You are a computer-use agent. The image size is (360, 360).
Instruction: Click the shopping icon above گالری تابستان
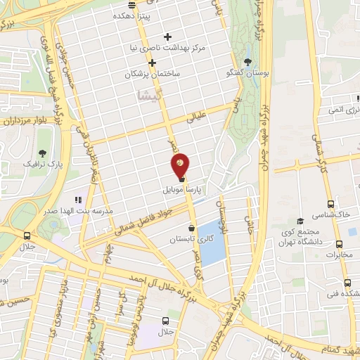tap(192, 228)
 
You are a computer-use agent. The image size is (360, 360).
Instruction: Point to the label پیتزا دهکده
tap(137, 13)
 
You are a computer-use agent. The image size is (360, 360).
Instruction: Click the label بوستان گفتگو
tap(247, 72)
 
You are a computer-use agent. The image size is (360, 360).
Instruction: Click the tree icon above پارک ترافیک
tap(43, 152)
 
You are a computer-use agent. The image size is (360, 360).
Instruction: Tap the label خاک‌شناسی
tap(335, 212)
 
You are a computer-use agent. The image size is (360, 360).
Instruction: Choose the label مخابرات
tap(339, 255)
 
